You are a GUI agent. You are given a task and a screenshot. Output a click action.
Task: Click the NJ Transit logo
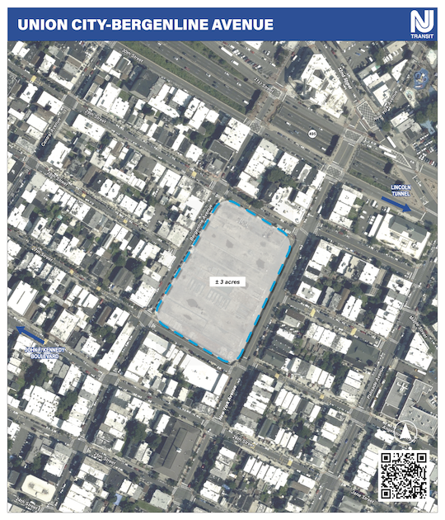coord(421,24)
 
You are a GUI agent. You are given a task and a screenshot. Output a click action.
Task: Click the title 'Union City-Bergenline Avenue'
coord(145,25)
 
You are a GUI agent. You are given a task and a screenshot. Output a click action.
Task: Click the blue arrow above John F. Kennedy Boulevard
coord(30,334)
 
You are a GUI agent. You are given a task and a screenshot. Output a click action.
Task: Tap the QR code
coord(403,476)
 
